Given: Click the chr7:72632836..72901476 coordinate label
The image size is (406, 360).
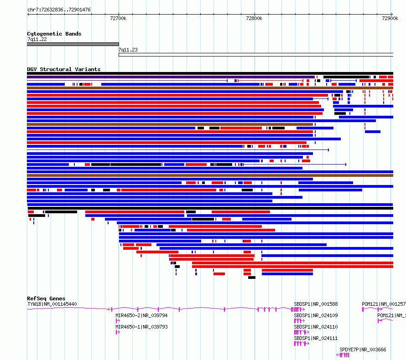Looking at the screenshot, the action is coord(59,10).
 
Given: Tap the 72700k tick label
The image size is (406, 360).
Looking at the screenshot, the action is coord(118,18).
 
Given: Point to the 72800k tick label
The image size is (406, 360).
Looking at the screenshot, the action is coord(254,18).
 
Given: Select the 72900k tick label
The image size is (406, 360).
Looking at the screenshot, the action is coord(390,18).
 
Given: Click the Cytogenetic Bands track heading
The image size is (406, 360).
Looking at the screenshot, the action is coord(54,34).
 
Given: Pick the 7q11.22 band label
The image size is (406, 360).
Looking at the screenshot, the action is coord(37,39).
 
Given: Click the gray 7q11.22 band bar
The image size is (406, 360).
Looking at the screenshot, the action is coord(73,44).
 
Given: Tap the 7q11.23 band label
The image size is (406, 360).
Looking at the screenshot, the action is coord(128,50).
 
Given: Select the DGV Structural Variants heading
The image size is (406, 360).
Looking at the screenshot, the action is coord(64,69).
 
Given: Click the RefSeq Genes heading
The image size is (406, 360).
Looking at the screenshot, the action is coord(46,298).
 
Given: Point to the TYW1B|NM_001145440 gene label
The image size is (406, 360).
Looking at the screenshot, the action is coord(52,304).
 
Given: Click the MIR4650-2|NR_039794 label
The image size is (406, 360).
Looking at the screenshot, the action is coord(141,315).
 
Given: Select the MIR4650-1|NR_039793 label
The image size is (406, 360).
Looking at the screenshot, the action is coord(141,327).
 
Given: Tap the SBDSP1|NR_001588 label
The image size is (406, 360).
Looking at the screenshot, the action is coord(316,304).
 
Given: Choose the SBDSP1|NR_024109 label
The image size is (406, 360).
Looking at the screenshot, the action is coord(316,315).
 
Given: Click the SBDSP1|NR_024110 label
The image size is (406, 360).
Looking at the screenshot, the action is coord(316,327).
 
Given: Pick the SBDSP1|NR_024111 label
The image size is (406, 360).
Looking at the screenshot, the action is coord(316,338).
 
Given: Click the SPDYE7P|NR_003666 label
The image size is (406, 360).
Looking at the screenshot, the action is coord(363,350).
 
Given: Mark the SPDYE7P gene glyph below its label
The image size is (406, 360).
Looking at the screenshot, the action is coord(343,355).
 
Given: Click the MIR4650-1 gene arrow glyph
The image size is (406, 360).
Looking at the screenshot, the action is coord(118,332).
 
